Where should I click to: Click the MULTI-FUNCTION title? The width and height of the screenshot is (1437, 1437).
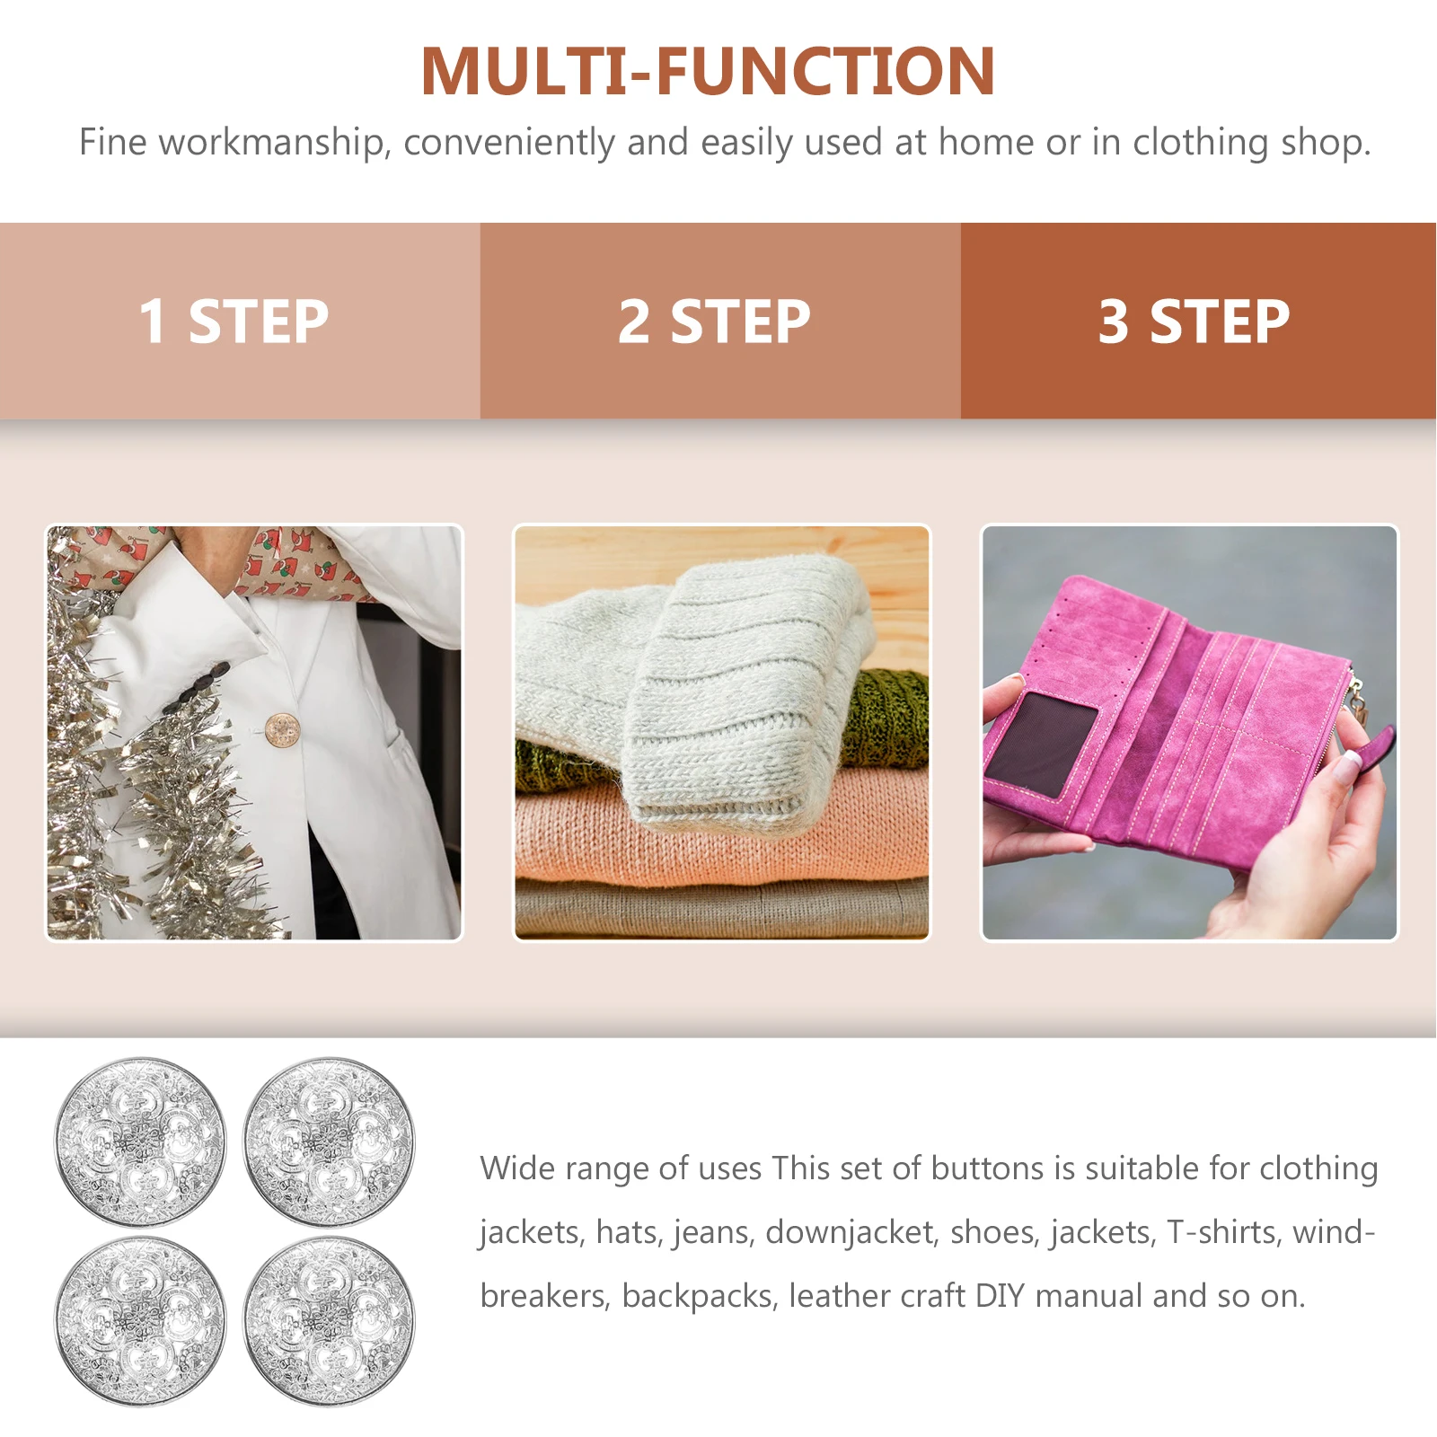click(708, 72)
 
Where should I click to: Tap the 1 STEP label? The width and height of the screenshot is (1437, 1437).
click(234, 322)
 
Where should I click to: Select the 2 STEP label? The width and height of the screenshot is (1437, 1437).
click(714, 322)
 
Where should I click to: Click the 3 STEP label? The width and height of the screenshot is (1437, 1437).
click(1194, 322)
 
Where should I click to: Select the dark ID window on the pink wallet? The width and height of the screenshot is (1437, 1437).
click(1042, 741)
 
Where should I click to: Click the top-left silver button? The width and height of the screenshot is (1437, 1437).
click(140, 1142)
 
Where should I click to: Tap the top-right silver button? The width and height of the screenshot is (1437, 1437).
click(329, 1142)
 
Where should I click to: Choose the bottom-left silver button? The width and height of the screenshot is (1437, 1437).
click(140, 1321)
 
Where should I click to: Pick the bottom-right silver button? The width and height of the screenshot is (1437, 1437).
click(329, 1321)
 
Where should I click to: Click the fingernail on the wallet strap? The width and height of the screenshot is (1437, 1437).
click(1350, 764)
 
